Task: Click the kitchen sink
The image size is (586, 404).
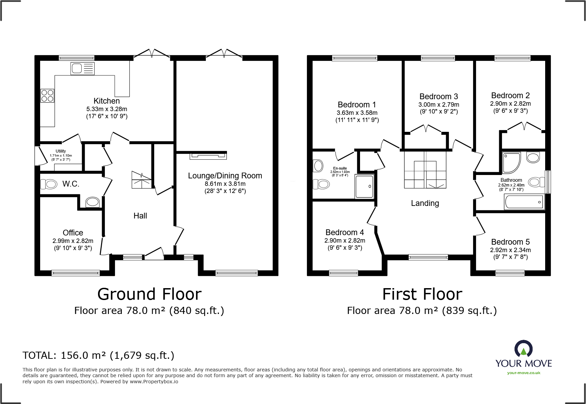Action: [82, 69]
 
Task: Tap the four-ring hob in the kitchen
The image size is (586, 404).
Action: [47, 95]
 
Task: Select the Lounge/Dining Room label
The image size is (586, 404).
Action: [225, 176]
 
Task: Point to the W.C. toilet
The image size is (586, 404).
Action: [49, 184]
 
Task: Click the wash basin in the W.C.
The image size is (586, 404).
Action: [92, 202]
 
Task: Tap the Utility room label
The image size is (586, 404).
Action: [61, 151]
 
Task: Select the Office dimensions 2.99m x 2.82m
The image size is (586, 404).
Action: [73, 241]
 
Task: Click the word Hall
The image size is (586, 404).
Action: [140, 216]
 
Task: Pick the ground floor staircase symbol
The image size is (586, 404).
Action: [142, 180]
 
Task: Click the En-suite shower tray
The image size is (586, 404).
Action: [364, 186]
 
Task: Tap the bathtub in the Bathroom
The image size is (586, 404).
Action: [524, 202]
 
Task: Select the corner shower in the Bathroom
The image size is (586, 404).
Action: [511, 163]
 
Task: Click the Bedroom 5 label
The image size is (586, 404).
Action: [510, 242]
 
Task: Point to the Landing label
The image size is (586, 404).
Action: [425, 203]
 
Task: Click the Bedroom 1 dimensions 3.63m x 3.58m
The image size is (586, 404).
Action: [357, 113]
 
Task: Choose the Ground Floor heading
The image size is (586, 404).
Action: [149, 294]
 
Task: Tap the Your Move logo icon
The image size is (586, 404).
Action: [523, 349]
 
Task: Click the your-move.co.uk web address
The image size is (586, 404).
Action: [524, 373]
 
